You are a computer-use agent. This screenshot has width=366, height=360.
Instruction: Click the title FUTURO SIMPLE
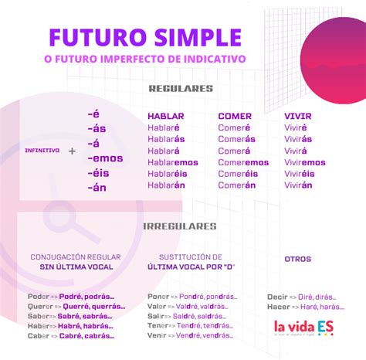[x=145, y=36]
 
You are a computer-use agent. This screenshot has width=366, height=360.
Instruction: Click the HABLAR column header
[x=165, y=116]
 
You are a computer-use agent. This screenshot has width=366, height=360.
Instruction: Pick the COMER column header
[x=235, y=116]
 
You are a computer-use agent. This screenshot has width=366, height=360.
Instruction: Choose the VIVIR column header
[x=299, y=116]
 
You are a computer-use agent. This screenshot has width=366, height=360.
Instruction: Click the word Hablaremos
[x=172, y=162]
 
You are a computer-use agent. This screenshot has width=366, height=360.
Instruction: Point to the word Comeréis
[x=237, y=174]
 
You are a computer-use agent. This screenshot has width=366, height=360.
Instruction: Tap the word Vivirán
[x=298, y=185]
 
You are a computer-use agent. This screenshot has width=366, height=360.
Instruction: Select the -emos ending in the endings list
[x=105, y=158]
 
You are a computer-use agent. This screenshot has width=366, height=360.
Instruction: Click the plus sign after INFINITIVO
[x=72, y=151]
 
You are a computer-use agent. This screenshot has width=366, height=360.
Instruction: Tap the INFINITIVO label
[x=42, y=151]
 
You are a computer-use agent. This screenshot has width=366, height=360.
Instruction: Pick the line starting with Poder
[x=70, y=296]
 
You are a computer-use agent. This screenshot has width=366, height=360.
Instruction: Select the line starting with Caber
[x=70, y=336]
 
